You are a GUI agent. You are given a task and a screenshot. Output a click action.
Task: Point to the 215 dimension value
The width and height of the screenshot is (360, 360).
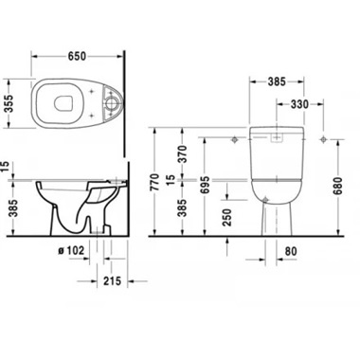click(x=114, y=281)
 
